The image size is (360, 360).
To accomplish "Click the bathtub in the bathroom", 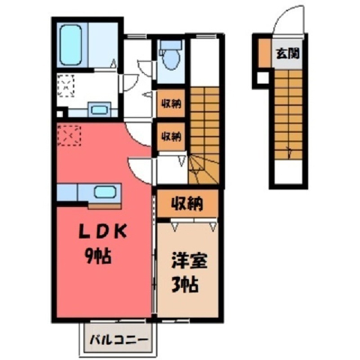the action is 71,45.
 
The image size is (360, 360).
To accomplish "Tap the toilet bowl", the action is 171,59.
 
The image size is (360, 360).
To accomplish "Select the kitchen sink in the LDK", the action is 105,192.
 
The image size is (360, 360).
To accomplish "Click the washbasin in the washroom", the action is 100,109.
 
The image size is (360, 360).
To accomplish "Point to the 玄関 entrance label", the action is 287,53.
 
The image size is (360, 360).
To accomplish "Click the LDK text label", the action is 103,233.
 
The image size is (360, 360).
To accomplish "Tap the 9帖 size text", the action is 98,256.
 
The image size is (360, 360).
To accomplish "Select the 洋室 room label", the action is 189,261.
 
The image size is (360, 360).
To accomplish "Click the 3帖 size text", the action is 185,285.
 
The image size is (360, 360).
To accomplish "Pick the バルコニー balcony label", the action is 119,340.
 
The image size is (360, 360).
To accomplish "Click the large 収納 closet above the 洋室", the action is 187,203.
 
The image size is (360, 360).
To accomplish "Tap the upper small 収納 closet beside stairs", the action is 171,103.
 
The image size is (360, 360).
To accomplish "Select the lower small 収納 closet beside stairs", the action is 171,136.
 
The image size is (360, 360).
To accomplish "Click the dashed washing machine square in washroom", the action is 66,85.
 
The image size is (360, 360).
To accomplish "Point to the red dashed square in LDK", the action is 69,135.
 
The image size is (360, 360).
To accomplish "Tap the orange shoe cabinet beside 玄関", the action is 265,52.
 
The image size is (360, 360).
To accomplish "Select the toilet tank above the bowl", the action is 171,45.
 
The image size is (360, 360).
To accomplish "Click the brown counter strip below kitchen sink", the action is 105,206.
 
